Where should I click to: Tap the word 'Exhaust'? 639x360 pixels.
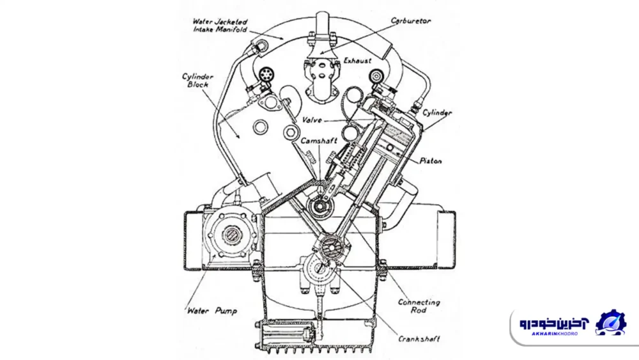click(x=357, y=61)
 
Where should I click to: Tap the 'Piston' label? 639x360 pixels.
click(x=431, y=161)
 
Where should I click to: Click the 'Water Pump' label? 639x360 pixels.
click(x=212, y=311)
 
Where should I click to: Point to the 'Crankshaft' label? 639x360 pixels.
click(x=419, y=339)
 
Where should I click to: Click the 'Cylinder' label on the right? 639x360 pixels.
click(x=438, y=113)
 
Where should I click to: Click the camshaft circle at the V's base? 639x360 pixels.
click(x=318, y=207)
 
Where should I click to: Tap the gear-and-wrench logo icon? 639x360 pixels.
click(x=611, y=323)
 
